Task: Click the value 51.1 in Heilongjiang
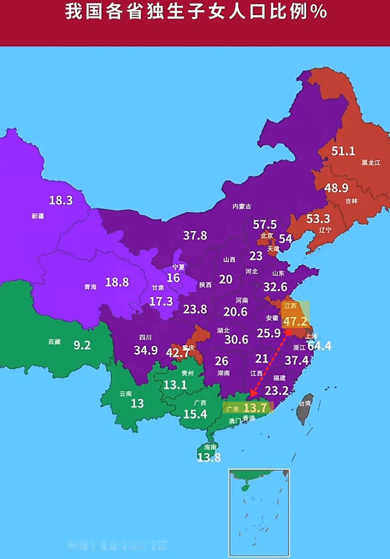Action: pyautogui.click(x=343, y=151)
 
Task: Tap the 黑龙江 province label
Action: pyautogui.click(x=370, y=163)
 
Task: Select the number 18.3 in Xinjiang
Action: pyautogui.click(x=61, y=200)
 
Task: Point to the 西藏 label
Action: pyautogui.click(x=54, y=342)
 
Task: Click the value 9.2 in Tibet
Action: pyautogui.click(x=82, y=345)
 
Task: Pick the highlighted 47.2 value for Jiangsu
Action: pyautogui.click(x=295, y=321)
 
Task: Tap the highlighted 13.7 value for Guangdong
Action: pyautogui.click(x=255, y=408)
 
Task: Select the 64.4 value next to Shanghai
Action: pyautogui.click(x=319, y=346)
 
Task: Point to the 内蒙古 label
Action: pyautogui.click(x=242, y=206)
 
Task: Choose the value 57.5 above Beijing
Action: pyautogui.click(x=265, y=224)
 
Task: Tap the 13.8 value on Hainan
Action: pyautogui.click(x=209, y=457)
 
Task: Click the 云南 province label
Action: pyautogui.click(x=126, y=394)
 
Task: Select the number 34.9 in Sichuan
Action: pyautogui.click(x=146, y=350)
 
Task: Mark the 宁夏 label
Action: pyautogui.click(x=178, y=267)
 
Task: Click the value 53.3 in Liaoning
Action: pyautogui.click(x=318, y=218)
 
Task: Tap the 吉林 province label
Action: pyautogui.click(x=351, y=201)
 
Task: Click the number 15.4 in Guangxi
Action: pyautogui.click(x=195, y=414)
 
